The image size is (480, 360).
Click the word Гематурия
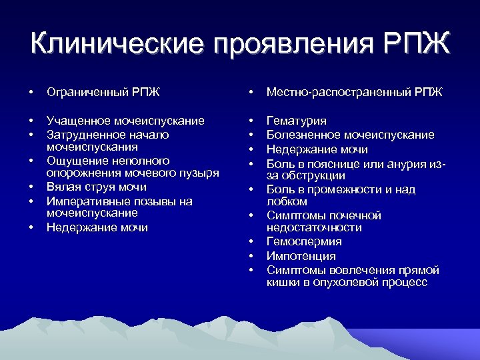(297, 121)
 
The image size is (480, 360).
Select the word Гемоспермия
(304, 241)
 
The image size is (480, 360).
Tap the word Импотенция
(301, 256)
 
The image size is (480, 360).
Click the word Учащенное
(77, 121)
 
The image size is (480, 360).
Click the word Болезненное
(303, 135)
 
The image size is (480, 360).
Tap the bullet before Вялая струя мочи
(31, 187)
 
